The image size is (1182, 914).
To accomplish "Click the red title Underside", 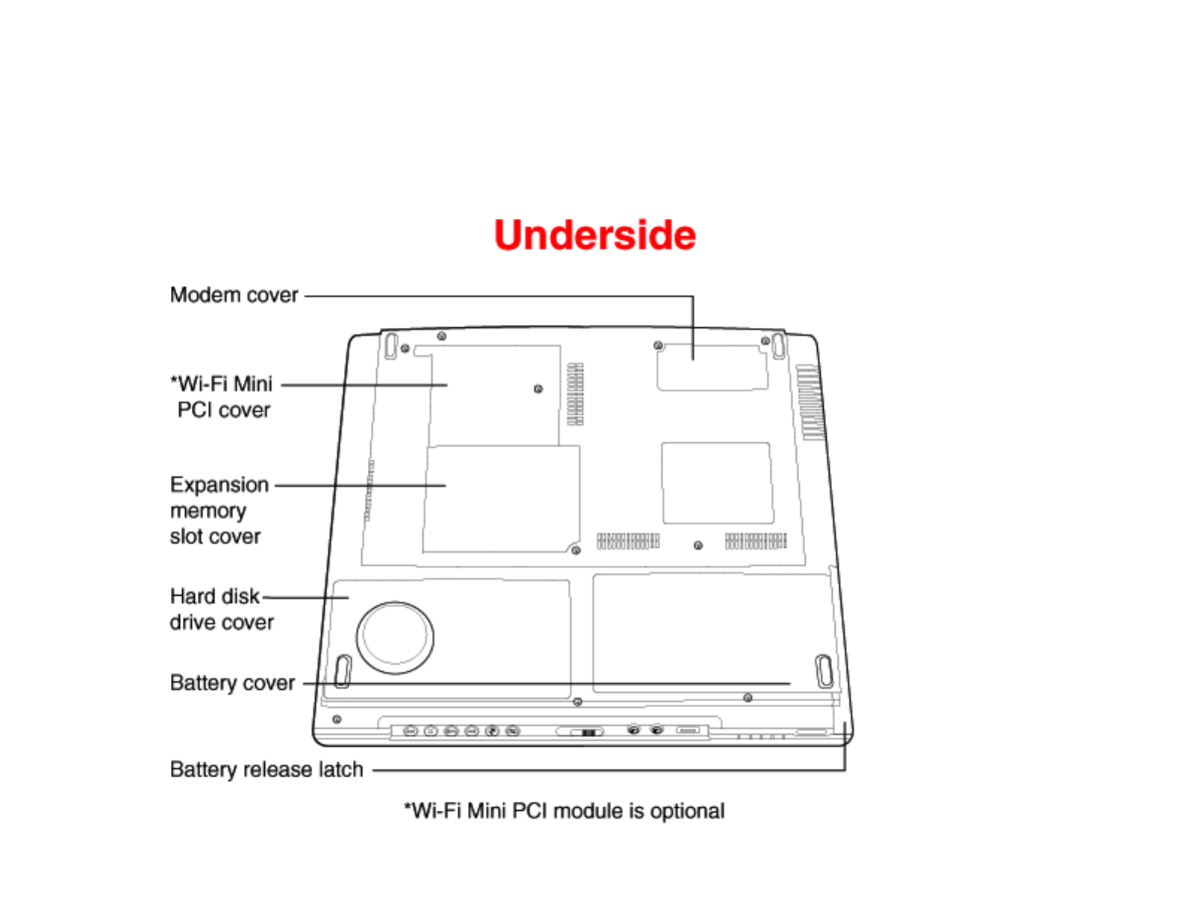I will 595,235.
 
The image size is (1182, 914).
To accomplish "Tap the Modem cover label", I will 234,295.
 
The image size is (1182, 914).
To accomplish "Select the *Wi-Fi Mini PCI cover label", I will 223,397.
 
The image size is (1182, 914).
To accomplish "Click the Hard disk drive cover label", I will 221,609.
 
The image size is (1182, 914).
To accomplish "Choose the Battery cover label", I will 232,683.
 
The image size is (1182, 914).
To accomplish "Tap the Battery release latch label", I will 266,769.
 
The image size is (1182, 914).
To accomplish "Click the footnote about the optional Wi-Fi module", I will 564,811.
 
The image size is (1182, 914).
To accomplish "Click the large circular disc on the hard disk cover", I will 395,637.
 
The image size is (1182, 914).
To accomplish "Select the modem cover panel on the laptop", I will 713,367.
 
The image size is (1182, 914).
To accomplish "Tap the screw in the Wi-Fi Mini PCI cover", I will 538,389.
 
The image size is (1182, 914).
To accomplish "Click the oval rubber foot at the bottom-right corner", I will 824,671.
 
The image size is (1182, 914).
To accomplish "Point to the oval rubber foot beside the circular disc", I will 343,671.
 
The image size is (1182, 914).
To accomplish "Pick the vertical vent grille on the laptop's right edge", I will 812,402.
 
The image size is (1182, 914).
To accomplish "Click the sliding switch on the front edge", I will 587,733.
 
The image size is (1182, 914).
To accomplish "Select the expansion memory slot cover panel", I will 501,499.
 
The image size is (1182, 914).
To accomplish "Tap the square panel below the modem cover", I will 717,483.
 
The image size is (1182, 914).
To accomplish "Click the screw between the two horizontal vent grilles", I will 698,545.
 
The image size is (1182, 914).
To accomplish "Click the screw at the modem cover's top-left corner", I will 657,346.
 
